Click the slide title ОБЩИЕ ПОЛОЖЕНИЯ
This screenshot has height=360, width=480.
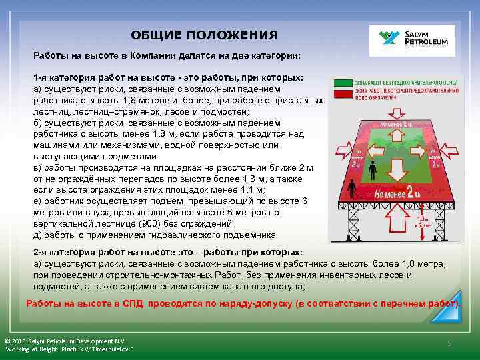[x=204, y=35]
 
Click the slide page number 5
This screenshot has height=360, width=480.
[x=449, y=343]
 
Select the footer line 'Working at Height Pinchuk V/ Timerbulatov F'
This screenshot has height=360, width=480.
[x=69, y=349]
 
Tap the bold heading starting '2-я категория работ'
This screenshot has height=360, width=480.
[x=167, y=253]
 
